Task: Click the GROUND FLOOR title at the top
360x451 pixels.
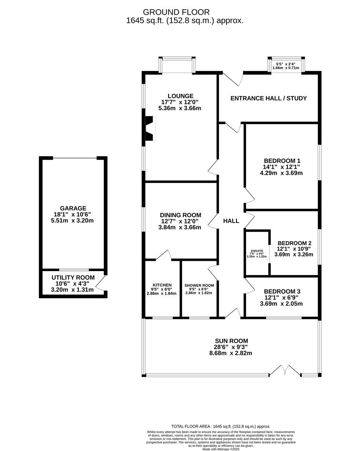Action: tap(176, 12)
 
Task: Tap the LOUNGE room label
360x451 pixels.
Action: tap(181, 96)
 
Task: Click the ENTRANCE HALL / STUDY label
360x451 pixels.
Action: tap(269, 99)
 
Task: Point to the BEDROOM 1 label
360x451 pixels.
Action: tap(282, 161)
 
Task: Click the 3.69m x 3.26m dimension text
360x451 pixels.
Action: tap(294, 255)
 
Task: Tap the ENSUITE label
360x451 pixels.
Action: tap(257, 251)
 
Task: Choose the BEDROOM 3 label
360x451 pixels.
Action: tap(282, 291)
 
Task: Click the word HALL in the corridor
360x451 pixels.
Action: tap(231, 221)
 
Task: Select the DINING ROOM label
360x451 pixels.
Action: tap(181, 215)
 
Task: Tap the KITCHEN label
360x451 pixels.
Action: tap(162, 285)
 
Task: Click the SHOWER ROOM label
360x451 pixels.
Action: tap(199, 285)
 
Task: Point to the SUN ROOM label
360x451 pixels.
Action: tap(231, 341)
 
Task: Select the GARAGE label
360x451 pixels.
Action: tap(73, 208)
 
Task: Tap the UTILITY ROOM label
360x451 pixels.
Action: tap(73, 278)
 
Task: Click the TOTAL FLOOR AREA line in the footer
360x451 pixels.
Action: tap(221, 426)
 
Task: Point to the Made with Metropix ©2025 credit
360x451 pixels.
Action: tap(221, 448)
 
